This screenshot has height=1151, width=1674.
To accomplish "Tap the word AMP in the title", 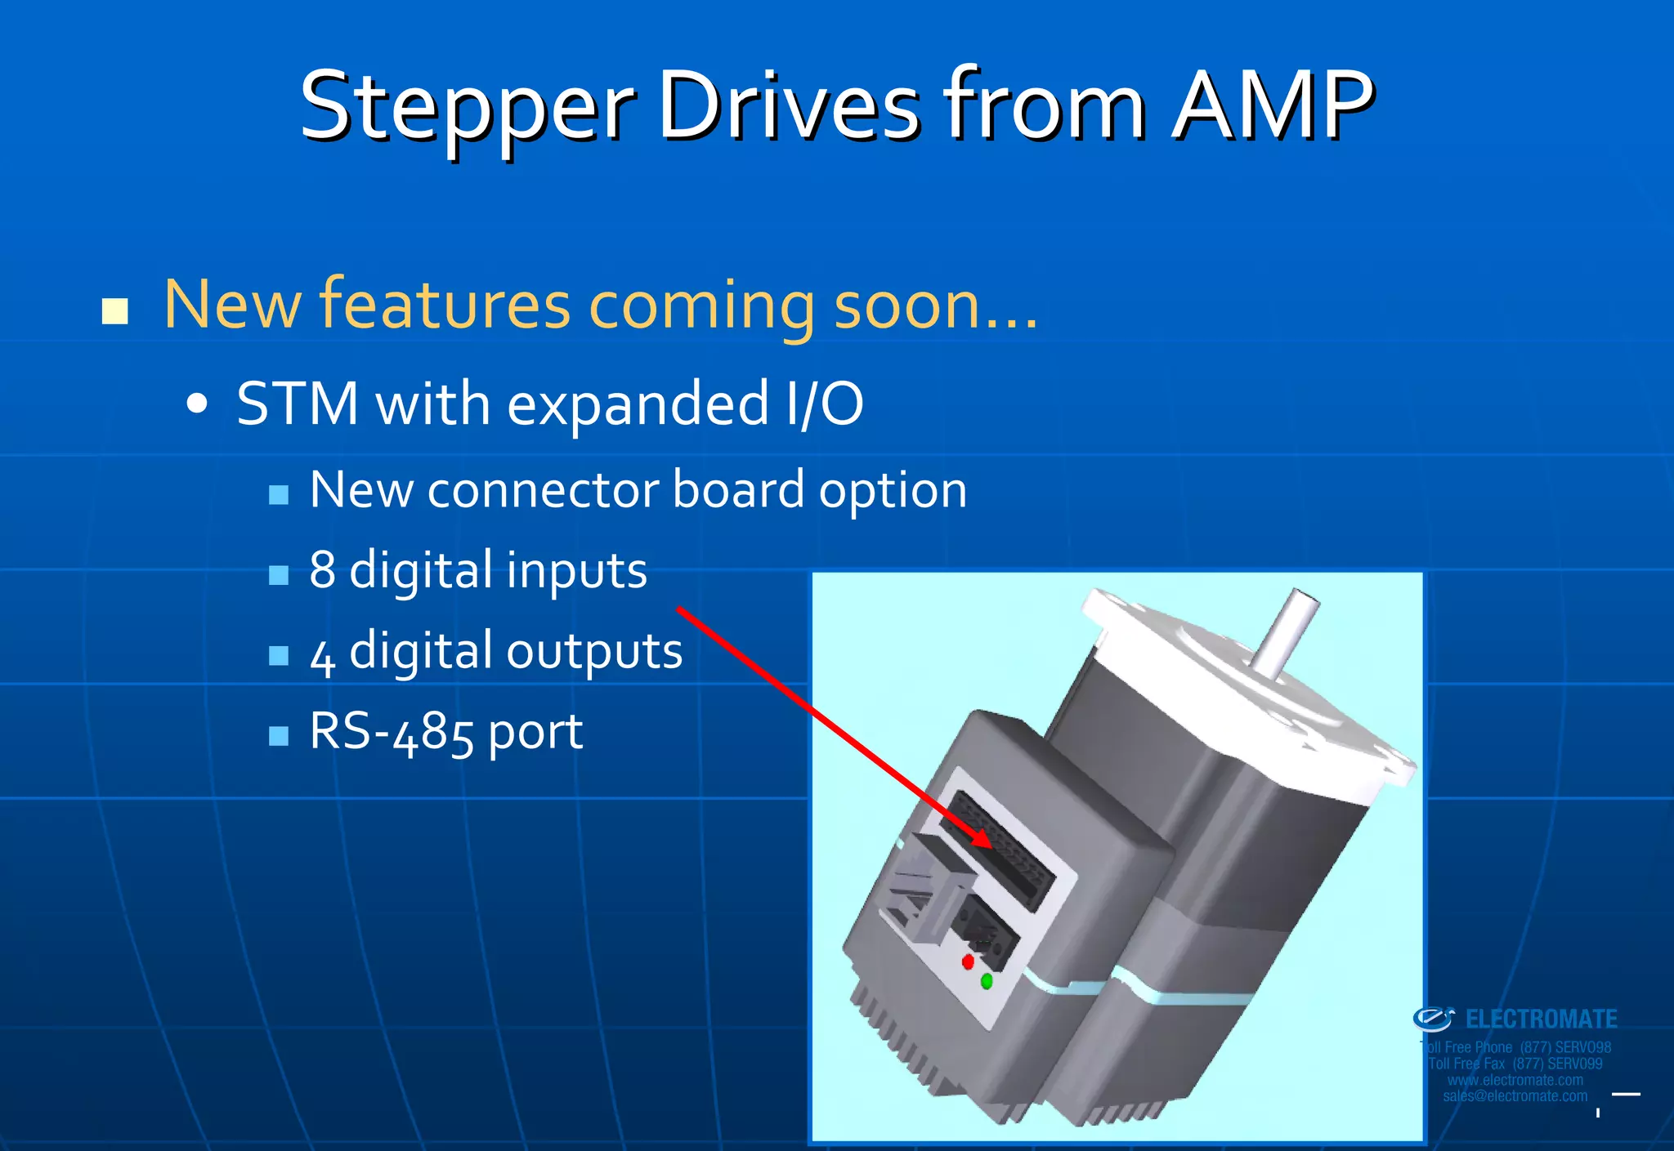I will point(1273,106).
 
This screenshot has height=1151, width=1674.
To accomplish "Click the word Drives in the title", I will point(790,106).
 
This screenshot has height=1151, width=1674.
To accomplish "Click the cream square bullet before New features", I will point(115,311).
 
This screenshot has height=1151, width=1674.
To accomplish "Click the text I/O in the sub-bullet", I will point(823,404).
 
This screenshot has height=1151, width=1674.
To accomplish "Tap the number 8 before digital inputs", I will point(322,569).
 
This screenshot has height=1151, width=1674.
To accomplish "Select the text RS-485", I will point(392,731).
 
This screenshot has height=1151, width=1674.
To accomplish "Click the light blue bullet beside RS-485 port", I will point(279,736).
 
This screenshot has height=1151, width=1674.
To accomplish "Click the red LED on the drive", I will point(968,961).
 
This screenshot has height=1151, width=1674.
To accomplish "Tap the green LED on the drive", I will point(987,981).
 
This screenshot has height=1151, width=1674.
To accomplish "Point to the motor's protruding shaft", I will point(1285,633).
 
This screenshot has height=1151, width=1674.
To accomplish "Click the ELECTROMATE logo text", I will point(1540,1019).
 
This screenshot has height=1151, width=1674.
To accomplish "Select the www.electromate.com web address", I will point(1515,1080).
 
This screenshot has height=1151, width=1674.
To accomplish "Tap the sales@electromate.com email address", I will point(1515,1096).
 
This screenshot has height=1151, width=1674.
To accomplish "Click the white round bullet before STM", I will point(197,404).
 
